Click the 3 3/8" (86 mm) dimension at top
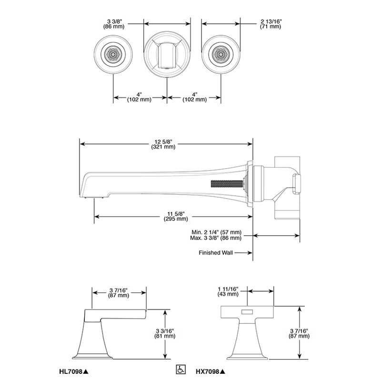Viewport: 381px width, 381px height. pyautogui.click(x=114, y=24)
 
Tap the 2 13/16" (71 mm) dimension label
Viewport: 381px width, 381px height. pyautogui.click(x=271, y=24)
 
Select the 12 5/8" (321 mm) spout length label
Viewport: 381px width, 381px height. pyautogui.click(x=163, y=144)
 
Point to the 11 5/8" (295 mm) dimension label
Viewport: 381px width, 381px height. pyautogui.click(x=176, y=216)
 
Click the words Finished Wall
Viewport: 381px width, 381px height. pyautogui.click(x=216, y=253)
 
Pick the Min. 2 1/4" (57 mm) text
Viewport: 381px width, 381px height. pyautogui.click(x=217, y=232)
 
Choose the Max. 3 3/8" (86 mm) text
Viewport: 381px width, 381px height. pyautogui.click(x=216, y=238)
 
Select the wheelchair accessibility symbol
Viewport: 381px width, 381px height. pyautogui.click(x=180, y=370)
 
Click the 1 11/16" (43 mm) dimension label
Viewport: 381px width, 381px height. pyautogui.click(x=228, y=291)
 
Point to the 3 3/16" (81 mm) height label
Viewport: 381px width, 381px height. pyautogui.click(x=165, y=334)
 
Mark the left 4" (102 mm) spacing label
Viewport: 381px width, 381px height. pyautogui.click(x=139, y=97)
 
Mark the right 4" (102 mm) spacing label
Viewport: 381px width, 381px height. pyautogui.click(x=195, y=97)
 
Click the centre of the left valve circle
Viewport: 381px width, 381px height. pyautogui.click(x=113, y=54)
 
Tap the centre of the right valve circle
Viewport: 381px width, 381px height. pyautogui.click(x=221, y=54)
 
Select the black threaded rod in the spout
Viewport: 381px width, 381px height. pyautogui.click(x=228, y=184)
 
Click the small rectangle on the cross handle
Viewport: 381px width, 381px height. pyautogui.click(x=247, y=312)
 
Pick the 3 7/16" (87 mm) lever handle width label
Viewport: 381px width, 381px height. pyautogui.click(x=118, y=293)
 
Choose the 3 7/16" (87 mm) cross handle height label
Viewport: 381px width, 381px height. pyautogui.click(x=299, y=334)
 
